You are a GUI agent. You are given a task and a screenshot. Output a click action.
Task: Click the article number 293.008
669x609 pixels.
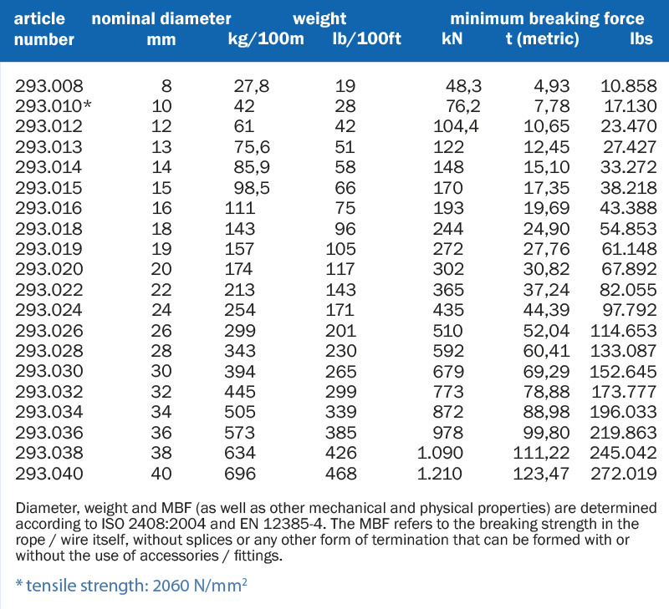pos(49,86)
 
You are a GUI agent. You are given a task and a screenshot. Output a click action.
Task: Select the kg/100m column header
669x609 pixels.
pos(266,39)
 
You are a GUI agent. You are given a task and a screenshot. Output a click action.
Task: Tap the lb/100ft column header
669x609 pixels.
pos(367,39)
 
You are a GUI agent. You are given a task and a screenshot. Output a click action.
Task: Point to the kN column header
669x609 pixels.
pos(452,39)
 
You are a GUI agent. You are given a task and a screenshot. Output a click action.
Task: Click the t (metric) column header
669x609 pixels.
pos(542,39)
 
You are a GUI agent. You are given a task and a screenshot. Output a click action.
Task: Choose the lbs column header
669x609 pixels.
pos(641,39)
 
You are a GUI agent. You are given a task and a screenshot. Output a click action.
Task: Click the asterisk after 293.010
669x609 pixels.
pos(87,104)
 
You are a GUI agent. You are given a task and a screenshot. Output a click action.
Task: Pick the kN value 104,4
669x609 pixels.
pos(456,127)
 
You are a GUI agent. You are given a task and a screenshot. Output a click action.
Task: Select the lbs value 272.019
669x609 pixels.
pos(623,474)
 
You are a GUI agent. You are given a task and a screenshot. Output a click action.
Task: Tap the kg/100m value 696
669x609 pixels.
pos(240,474)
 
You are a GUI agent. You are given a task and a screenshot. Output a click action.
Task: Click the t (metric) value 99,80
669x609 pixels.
pos(546,433)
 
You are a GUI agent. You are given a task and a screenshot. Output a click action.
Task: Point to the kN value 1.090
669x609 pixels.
pos(440,453)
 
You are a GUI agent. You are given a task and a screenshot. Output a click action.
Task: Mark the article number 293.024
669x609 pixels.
pos(49,310)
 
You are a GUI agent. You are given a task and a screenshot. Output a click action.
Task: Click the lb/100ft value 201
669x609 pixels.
pos(340,331)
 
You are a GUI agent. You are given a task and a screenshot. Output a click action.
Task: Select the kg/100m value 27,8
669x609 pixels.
pos(252,87)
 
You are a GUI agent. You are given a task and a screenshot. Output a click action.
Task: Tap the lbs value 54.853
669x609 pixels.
pos(628,229)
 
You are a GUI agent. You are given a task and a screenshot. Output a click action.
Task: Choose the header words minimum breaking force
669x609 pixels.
pos(547,19)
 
